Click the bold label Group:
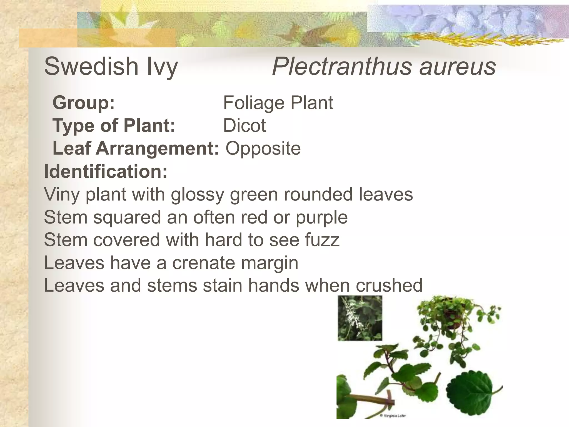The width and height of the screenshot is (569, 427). (x=84, y=103)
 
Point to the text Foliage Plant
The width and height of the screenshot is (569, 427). (x=278, y=103)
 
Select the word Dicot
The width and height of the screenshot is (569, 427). (x=244, y=125)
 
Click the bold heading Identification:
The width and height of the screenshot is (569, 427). (x=106, y=171)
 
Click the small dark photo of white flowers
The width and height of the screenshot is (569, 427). (x=360, y=318)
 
